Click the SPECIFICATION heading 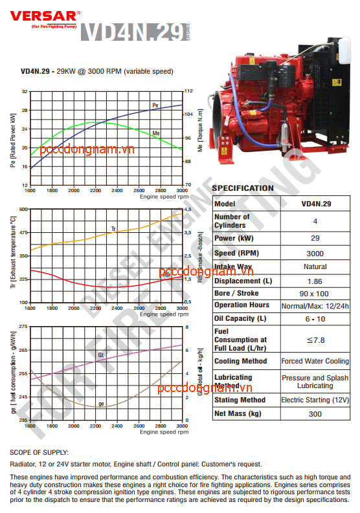click(243, 188)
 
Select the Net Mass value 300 click(315, 413)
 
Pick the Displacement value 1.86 click(315, 281)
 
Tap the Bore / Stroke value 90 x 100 click(315, 294)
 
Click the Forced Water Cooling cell click(315, 361)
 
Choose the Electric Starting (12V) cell click(315, 400)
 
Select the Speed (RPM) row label click(234, 254)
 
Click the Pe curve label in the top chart click(155, 105)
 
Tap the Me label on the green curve click(156, 133)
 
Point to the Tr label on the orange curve click(113, 229)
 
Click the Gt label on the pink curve click(101, 355)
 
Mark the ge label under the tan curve click(101, 404)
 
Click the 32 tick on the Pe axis click(25, 91)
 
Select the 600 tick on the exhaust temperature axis click(23, 209)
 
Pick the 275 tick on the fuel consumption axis click(23, 327)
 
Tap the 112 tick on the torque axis click(190, 91)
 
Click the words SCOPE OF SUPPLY click(39, 452)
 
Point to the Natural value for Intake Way click(315, 267)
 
